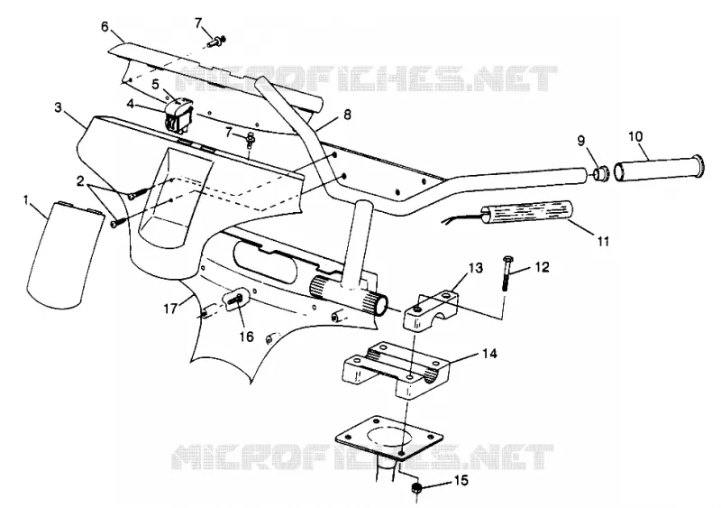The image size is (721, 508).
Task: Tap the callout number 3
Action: pos(58,107)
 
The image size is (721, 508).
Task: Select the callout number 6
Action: pos(105,26)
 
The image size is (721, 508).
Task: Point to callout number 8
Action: pos(347,115)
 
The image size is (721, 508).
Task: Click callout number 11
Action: pos(603,240)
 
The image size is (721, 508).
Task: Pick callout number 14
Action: pos(490,354)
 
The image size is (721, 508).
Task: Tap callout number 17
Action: pos(170,308)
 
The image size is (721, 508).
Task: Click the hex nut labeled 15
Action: pos(415,489)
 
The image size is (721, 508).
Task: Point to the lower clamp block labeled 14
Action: pos(397,369)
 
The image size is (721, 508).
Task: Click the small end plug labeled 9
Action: pos(600,174)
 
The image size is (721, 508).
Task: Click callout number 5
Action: pos(155,84)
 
